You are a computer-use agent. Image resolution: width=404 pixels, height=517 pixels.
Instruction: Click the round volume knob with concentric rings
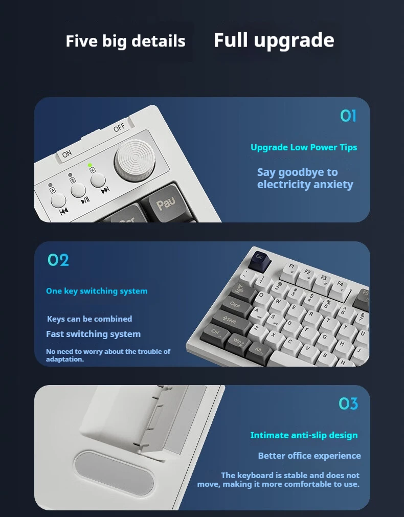(x=134, y=161)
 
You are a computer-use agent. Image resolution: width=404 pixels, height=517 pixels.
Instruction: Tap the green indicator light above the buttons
(x=89, y=165)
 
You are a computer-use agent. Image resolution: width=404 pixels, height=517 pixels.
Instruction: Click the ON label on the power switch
(x=66, y=154)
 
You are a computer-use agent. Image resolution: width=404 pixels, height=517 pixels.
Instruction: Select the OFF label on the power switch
(x=119, y=127)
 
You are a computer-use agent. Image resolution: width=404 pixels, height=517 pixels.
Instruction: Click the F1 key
(x=291, y=268)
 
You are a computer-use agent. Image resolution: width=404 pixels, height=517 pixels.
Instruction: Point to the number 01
(x=348, y=116)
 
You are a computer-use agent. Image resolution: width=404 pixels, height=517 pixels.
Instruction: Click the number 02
(x=58, y=260)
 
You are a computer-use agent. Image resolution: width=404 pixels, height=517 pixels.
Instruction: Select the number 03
(x=348, y=403)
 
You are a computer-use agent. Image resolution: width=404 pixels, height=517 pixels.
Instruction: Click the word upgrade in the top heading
(x=294, y=41)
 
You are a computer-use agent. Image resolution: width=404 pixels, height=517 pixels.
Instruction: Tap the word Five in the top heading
(x=81, y=41)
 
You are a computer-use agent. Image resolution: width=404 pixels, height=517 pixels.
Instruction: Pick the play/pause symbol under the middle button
(x=85, y=200)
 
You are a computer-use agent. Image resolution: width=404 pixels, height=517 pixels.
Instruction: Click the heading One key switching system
(x=97, y=291)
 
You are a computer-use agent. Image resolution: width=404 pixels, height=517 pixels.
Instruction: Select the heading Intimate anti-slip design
(x=304, y=435)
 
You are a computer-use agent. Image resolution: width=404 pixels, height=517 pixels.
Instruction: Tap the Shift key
(x=230, y=320)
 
